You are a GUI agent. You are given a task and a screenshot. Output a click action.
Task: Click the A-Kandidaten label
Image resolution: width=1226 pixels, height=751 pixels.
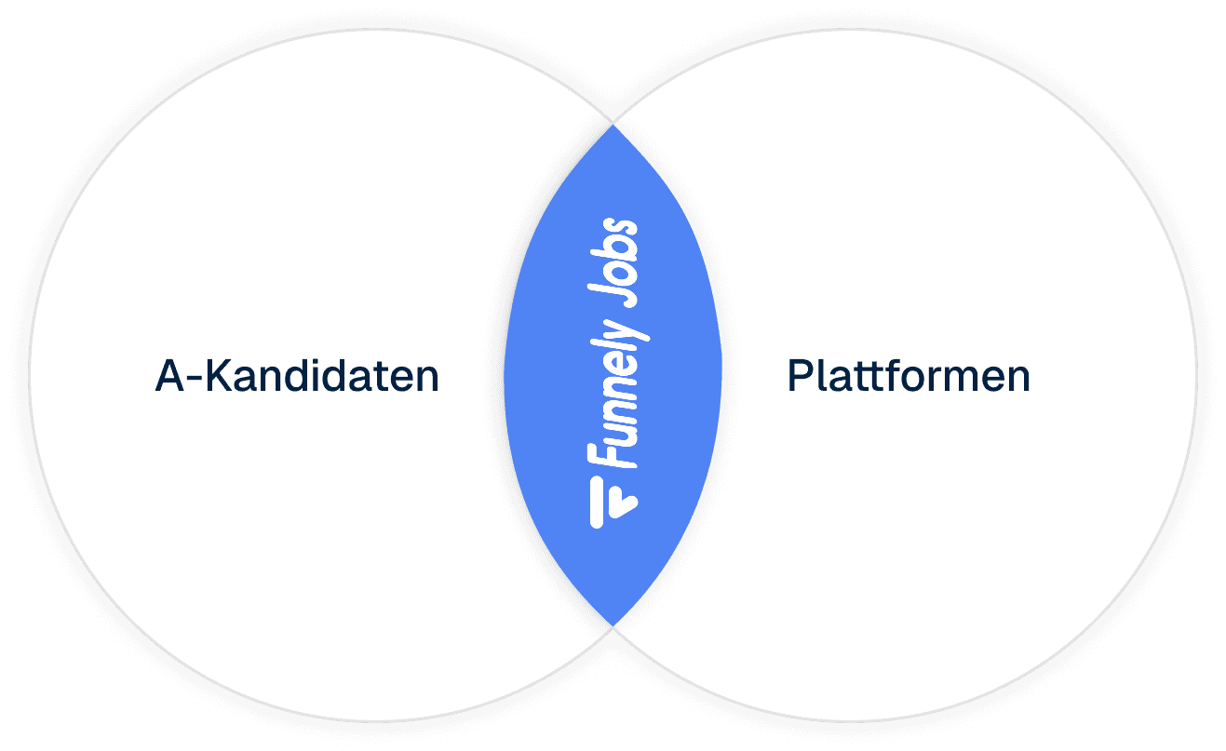pos(296,377)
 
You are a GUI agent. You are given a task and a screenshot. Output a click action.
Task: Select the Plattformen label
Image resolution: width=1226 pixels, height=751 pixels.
pos(909,377)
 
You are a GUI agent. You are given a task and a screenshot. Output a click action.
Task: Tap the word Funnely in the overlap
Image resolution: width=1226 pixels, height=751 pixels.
pos(615,382)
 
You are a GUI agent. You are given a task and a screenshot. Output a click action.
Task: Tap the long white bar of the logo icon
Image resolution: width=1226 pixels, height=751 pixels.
pos(597,503)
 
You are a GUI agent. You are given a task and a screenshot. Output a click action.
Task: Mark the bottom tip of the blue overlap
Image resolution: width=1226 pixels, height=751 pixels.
pos(613,622)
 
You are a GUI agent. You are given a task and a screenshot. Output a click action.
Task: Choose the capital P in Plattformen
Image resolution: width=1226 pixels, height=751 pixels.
pos(799,377)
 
